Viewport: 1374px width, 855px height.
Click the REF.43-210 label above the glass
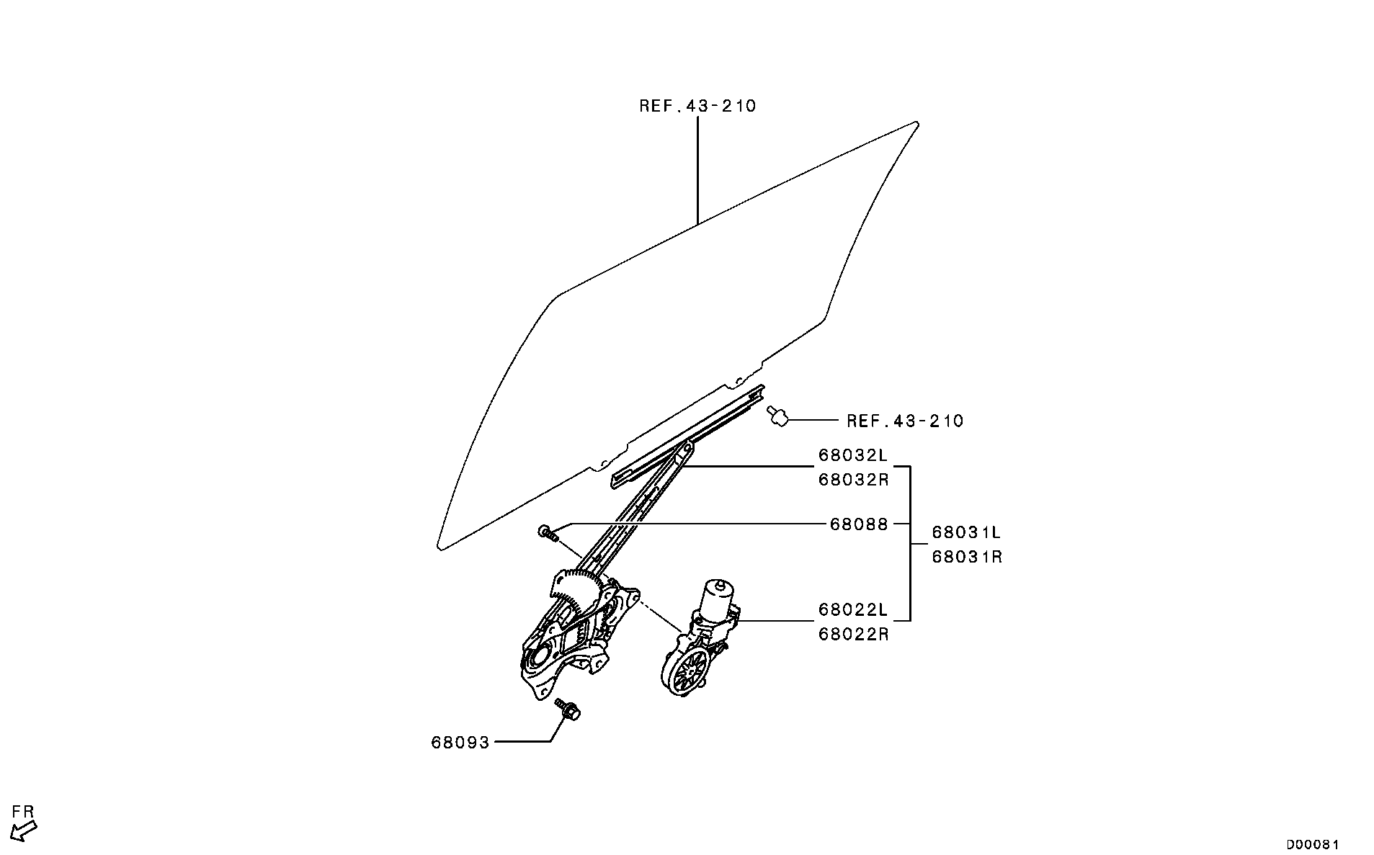pyautogui.click(x=697, y=106)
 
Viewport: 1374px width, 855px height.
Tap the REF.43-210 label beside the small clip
pyautogui.click(x=904, y=421)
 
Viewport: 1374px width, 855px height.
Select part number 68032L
pyautogui.click(x=853, y=455)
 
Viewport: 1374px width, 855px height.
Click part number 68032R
pyautogui.click(x=853, y=479)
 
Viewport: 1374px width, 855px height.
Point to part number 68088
pyautogui.click(x=859, y=524)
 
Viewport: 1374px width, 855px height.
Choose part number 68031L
pyautogui.click(x=966, y=533)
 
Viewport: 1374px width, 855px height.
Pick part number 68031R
pyautogui.click(x=966, y=557)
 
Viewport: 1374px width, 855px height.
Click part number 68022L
pyautogui.click(x=853, y=610)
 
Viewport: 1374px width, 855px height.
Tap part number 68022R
pyautogui.click(x=853, y=635)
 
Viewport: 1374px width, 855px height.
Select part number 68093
pyautogui.click(x=460, y=742)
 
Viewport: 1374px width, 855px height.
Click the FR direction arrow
pyautogui.click(x=24, y=831)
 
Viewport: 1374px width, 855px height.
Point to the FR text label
pyautogui.click(x=24, y=812)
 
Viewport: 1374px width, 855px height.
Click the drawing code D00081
pyautogui.click(x=1313, y=844)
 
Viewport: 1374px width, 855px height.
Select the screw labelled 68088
pyautogui.click(x=548, y=533)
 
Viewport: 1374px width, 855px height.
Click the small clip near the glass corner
pyautogui.click(x=777, y=416)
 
